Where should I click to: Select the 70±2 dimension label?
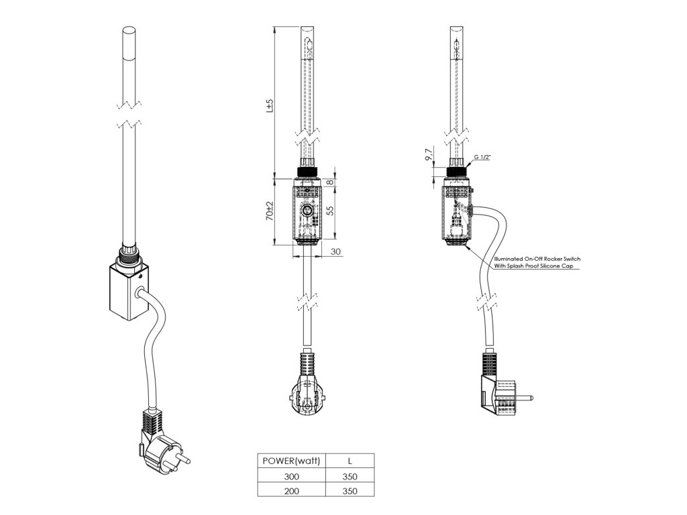270,211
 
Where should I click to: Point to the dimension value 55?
331,211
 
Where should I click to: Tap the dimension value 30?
336,251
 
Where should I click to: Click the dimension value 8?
331,182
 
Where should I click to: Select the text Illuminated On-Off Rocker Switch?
537,258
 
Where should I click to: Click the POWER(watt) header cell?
291,461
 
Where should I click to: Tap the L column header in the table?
349,461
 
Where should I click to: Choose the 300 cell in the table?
291,476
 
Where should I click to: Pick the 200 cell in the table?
291,491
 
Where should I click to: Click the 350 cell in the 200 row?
349,491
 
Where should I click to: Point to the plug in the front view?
307,396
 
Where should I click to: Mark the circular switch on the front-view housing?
307,212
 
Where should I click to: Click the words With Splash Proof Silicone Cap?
536,266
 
